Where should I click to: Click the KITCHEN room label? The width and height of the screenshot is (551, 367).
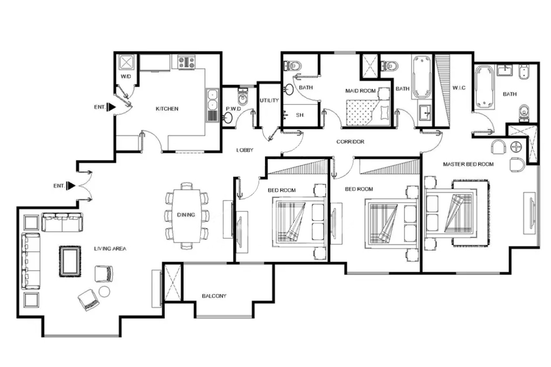click(167, 108)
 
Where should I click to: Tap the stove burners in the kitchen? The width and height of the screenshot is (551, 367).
click(187, 62)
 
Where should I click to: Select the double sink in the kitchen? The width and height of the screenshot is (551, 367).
click(212, 105)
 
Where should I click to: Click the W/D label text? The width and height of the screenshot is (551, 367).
click(126, 76)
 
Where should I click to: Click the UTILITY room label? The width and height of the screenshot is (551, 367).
click(269, 100)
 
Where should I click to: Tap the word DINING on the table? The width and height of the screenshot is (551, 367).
click(186, 214)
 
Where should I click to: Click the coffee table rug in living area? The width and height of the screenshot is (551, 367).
click(70, 261)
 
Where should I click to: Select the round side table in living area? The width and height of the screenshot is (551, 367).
click(104, 292)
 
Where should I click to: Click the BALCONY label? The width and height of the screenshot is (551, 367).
click(214, 296)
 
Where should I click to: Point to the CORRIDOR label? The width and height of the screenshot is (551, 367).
click(350, 141)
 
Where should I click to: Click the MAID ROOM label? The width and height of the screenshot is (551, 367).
click(360, 91)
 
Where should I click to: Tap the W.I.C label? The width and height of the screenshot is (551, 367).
click(459, 88)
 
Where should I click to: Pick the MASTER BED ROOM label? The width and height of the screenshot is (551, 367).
click(468, 164)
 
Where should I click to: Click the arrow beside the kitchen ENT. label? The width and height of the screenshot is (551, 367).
click(111, 107)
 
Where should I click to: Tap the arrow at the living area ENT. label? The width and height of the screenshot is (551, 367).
click(71, 186)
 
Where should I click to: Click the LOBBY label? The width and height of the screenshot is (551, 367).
click(244, 150)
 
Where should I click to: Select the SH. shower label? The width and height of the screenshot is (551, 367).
click(300, 115)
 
